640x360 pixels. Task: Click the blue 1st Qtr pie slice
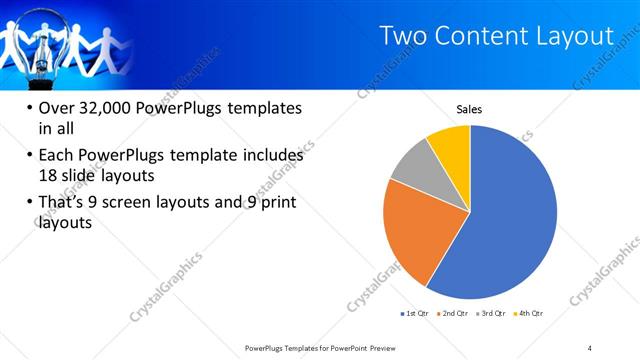510,220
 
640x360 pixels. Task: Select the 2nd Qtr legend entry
455,313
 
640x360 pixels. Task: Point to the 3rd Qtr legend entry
491,313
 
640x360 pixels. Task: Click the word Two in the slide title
405,36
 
